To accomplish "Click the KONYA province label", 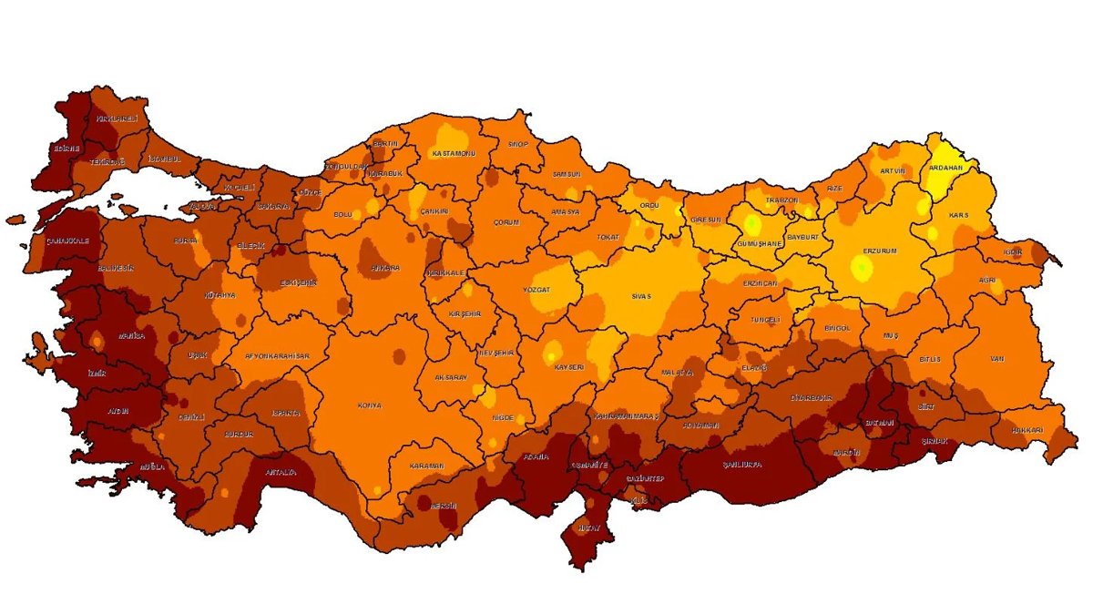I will coord(370,405).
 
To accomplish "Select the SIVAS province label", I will coord(642,297).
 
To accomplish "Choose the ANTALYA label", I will coord(280,472).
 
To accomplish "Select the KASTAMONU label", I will coord(454,153).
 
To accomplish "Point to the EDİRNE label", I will coord(66,149).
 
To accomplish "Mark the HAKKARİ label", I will coord(1026,430).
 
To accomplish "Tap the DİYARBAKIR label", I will coord(812,398).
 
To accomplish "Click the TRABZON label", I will coord(781,200).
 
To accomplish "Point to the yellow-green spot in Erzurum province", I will coord(861,267).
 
